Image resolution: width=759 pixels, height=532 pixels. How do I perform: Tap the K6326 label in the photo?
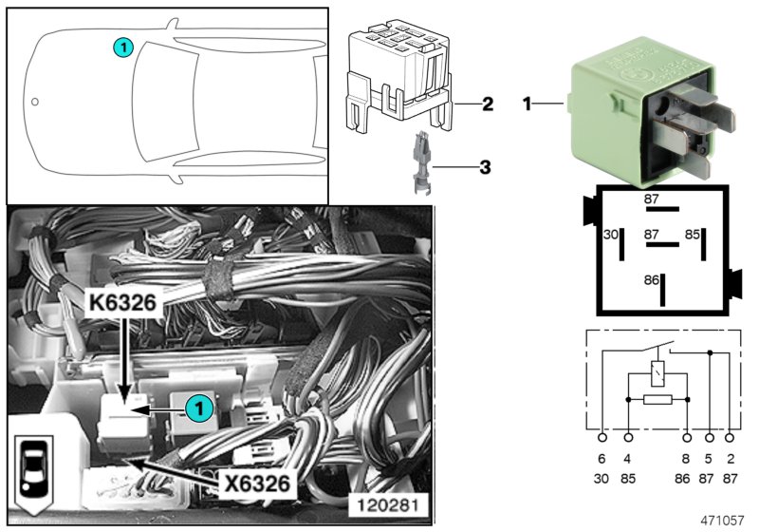[127, 307]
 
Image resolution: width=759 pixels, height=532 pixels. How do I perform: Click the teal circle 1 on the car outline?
[121, 46]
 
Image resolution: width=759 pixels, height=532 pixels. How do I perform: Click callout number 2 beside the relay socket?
[487, 104]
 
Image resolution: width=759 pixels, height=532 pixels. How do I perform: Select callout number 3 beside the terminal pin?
[485, 168]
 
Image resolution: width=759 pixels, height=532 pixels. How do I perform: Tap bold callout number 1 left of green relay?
[527, 103]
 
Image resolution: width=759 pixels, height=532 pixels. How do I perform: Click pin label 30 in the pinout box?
[611, 234]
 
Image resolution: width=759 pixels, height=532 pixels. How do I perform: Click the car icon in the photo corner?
[33, 472]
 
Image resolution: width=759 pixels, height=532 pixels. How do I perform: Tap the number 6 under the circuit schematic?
[602, 459]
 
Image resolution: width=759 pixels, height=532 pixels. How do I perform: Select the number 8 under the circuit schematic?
[686, 459]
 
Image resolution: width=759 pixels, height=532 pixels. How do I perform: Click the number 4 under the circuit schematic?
[628, 459]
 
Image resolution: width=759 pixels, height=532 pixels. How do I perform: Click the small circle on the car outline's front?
[34, 101]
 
